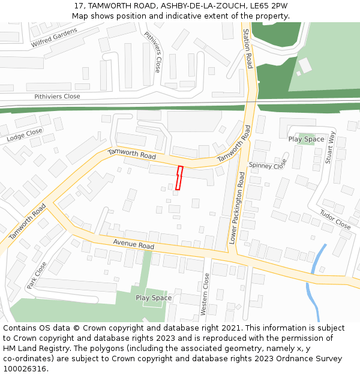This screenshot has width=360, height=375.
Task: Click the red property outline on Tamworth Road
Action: (x=178, y=178)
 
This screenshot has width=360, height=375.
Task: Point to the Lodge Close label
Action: (x=25, y=135)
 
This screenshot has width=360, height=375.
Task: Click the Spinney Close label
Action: (x=268, y=165)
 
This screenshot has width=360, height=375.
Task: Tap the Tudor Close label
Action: (x=335, y=220)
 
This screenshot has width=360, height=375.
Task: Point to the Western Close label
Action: (x=205, y=294)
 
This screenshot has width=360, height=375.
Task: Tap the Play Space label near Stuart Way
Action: (x=306, y=139)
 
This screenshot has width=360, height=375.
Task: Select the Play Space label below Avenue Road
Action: (x=154, y=298)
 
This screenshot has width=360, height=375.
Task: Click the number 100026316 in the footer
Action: (x=25, y=368)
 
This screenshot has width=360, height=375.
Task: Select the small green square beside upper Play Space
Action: (x=306, y=139)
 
